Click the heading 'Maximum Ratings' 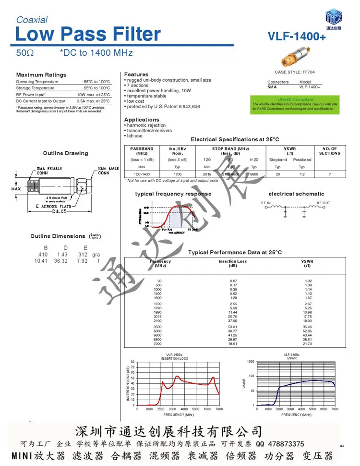(x=41, y=75)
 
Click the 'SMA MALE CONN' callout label (x=108, y=171)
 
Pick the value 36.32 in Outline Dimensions (x=61, y=261)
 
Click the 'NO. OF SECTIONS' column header (x=329, y=151)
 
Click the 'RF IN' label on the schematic (x=266, y=203)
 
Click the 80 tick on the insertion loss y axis (x=133, y=362)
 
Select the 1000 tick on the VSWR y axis (x=250, y=362)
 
